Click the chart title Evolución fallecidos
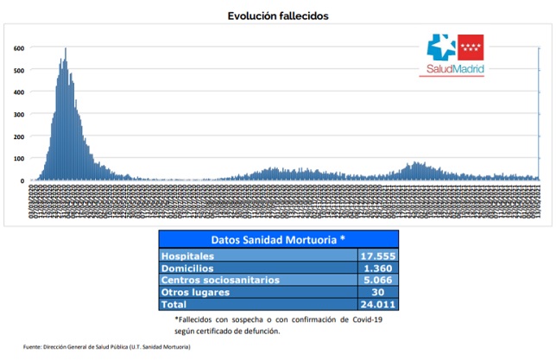click(278, 16)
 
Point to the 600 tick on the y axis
click(18, 47)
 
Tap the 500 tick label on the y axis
click(18, 70)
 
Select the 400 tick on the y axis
click(18, 92)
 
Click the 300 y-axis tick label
click(18, 115)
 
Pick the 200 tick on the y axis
click(18, 137)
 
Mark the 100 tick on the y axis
click(18, 159)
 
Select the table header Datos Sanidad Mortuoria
click(278, 238)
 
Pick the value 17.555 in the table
click(376, 256)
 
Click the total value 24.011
click(376, 304)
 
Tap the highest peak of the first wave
click(66, 50)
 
